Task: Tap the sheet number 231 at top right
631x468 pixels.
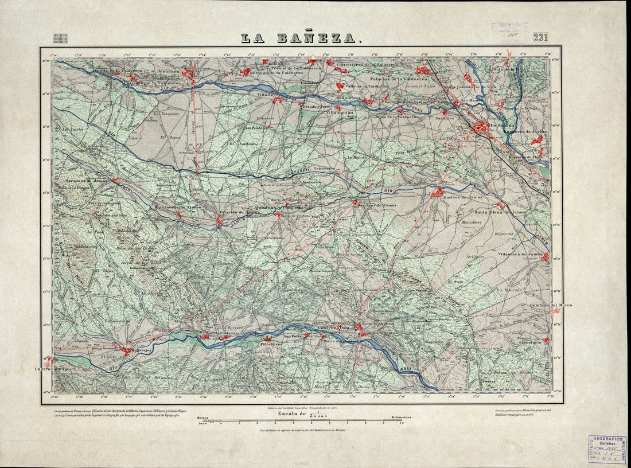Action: (x=540, y=37)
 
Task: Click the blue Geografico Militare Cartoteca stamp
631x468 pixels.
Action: (x=607, y=449)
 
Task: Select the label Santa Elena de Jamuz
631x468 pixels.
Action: (x=500, y=212)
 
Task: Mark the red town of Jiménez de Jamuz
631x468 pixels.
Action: (x=439, y=193)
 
